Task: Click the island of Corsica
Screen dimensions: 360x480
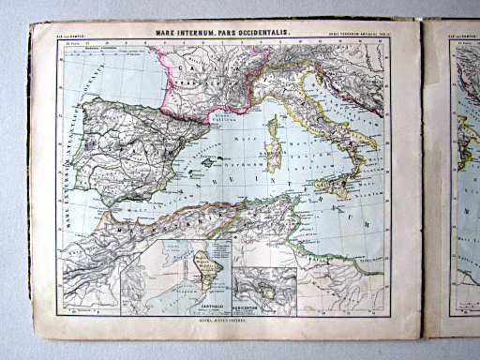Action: (273, 128)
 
